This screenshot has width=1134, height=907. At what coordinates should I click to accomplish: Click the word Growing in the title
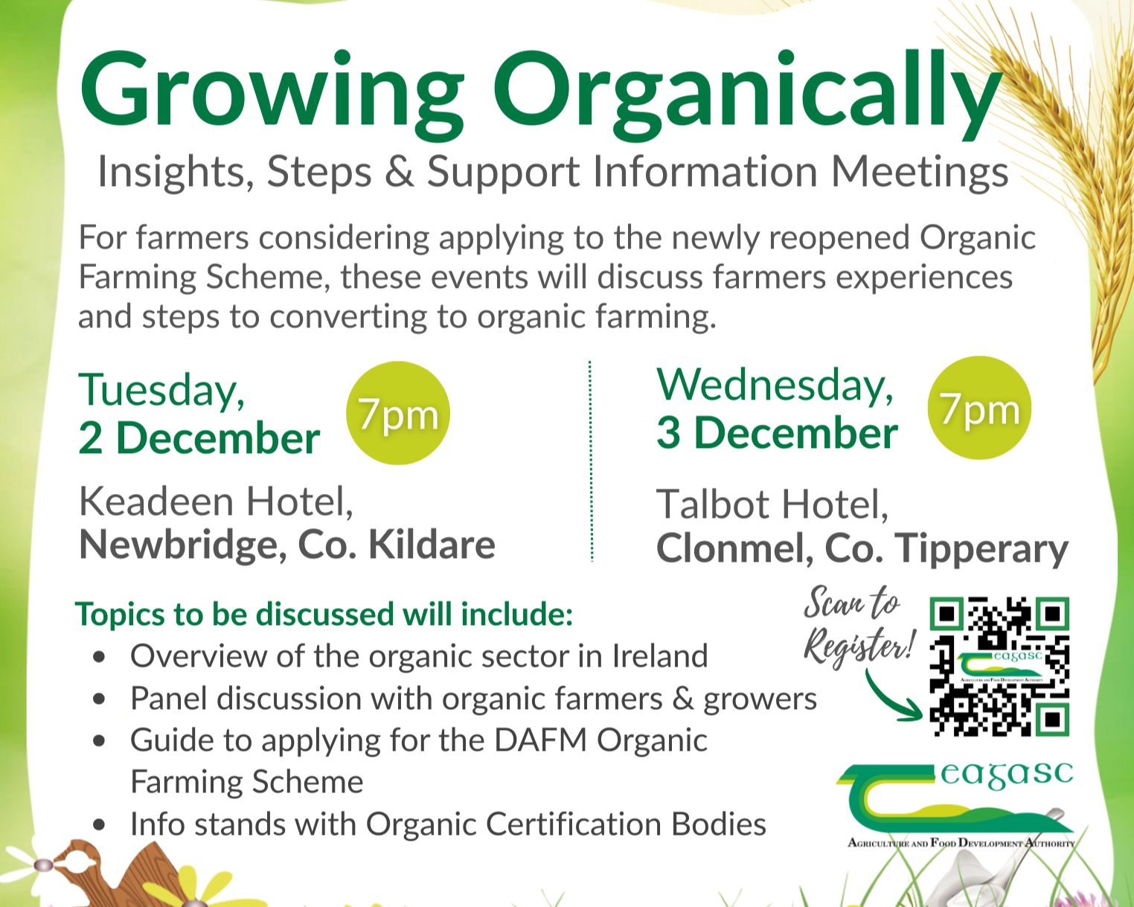coord(272,93)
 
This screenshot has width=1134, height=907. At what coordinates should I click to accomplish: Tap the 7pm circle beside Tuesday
coord(398,414)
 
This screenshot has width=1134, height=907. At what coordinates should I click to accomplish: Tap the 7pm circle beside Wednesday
coord(979,408)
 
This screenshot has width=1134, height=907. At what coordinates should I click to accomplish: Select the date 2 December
coord(199,438)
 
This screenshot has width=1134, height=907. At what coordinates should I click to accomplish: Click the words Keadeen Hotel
coord(216,501)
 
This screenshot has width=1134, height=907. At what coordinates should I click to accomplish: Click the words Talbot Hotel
coord(772,504)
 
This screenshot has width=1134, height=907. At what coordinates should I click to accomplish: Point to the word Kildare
coord(432,545)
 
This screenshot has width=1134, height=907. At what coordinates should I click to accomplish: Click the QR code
coord(999,667)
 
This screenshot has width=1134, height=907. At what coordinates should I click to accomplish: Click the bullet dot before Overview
coord(99,658)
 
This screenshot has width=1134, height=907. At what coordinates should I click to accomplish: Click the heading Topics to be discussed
coord(324,615)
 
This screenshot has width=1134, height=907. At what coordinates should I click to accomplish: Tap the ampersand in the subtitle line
coord(400,172)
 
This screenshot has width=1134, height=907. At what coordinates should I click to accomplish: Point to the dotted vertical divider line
coord(591,461)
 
